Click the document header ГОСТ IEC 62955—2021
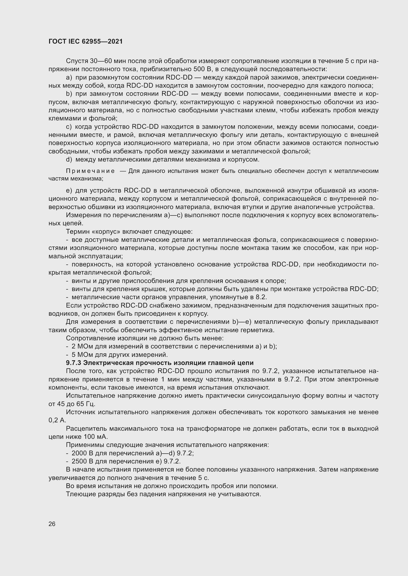click(86, 42)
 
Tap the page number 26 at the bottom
click(52, 524)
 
